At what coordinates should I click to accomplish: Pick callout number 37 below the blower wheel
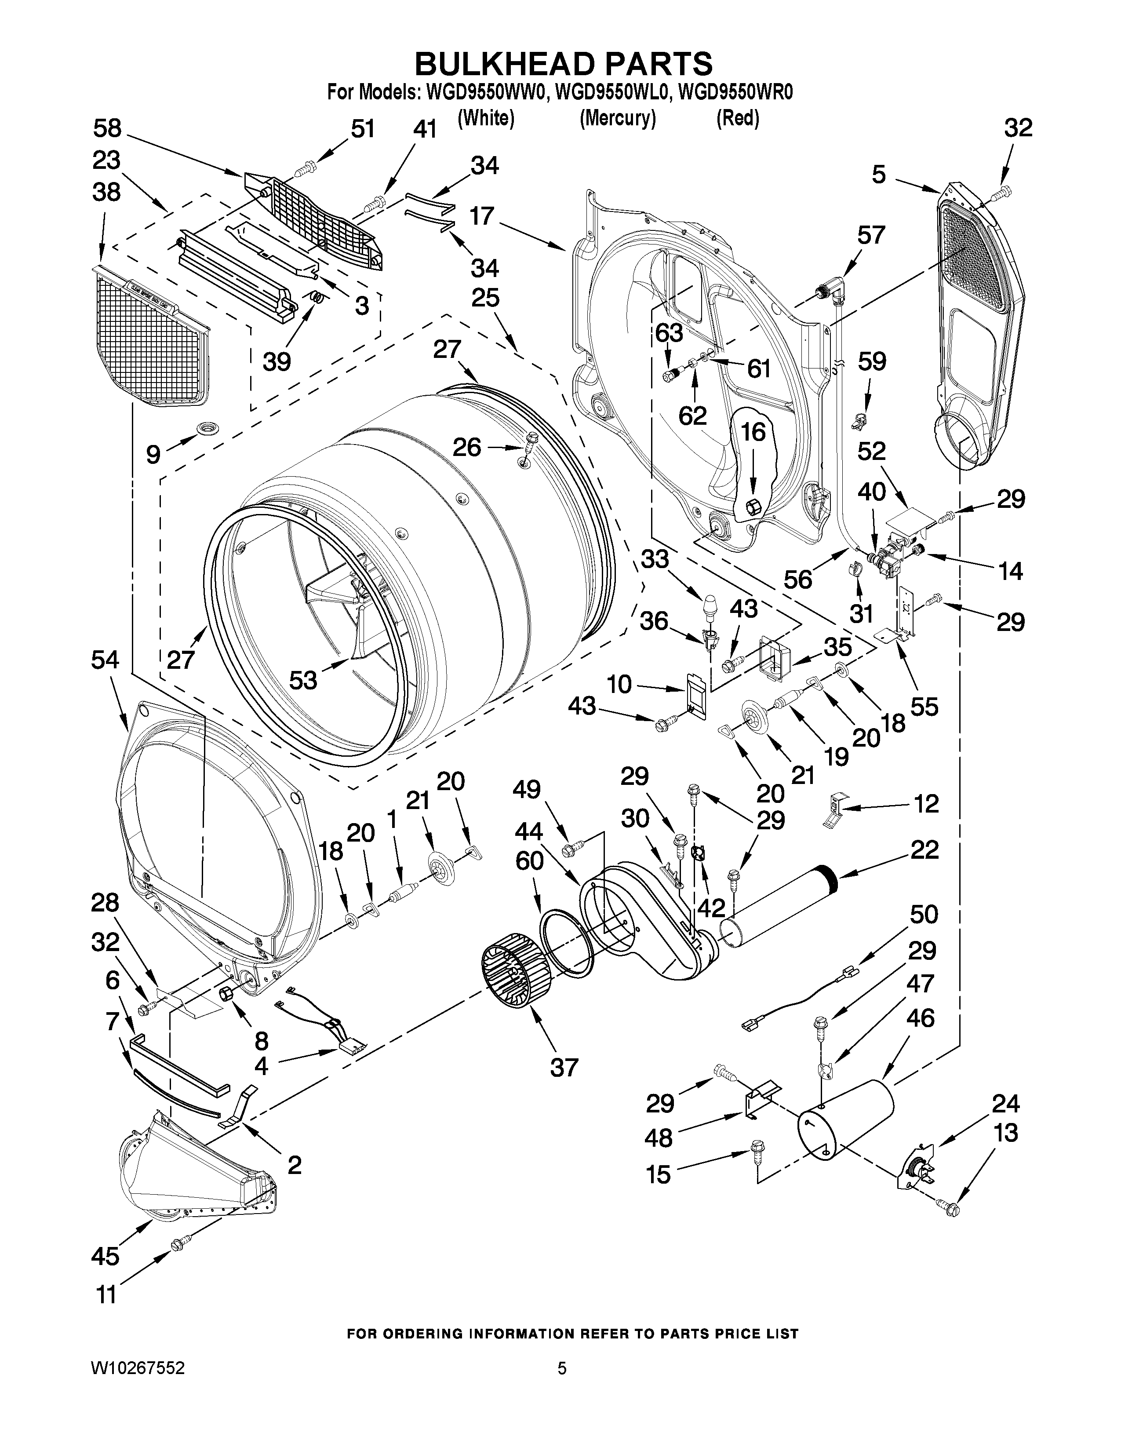pos(564,1068)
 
